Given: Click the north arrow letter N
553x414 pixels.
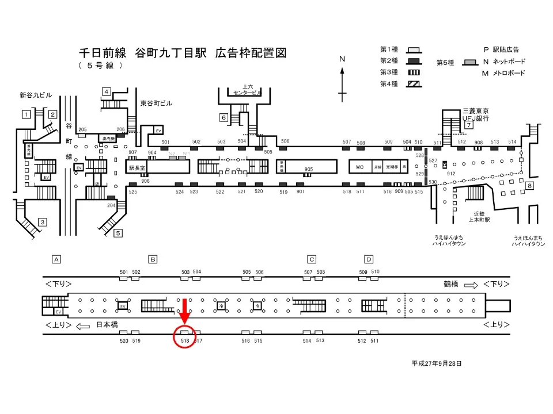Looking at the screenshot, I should pos(342,59).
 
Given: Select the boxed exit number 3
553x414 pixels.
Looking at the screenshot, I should pos(42,222).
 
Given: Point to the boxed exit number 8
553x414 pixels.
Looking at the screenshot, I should pos(529,185).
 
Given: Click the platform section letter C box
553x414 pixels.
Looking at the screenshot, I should pos(312,259).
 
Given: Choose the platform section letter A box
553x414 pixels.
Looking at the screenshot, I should pos(56,259).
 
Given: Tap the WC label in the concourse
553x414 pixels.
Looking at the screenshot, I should pos(359,167).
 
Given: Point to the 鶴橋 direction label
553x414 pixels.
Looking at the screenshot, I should pos(450,284).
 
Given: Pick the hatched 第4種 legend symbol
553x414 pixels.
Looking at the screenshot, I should pos(414,83).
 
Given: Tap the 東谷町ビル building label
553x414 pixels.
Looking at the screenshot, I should pos(156,103).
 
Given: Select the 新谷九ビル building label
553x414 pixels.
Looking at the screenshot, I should pos(36,95).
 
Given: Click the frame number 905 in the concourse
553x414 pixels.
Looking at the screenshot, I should pos(308,169).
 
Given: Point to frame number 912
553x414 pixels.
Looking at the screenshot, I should pos(450,173).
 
